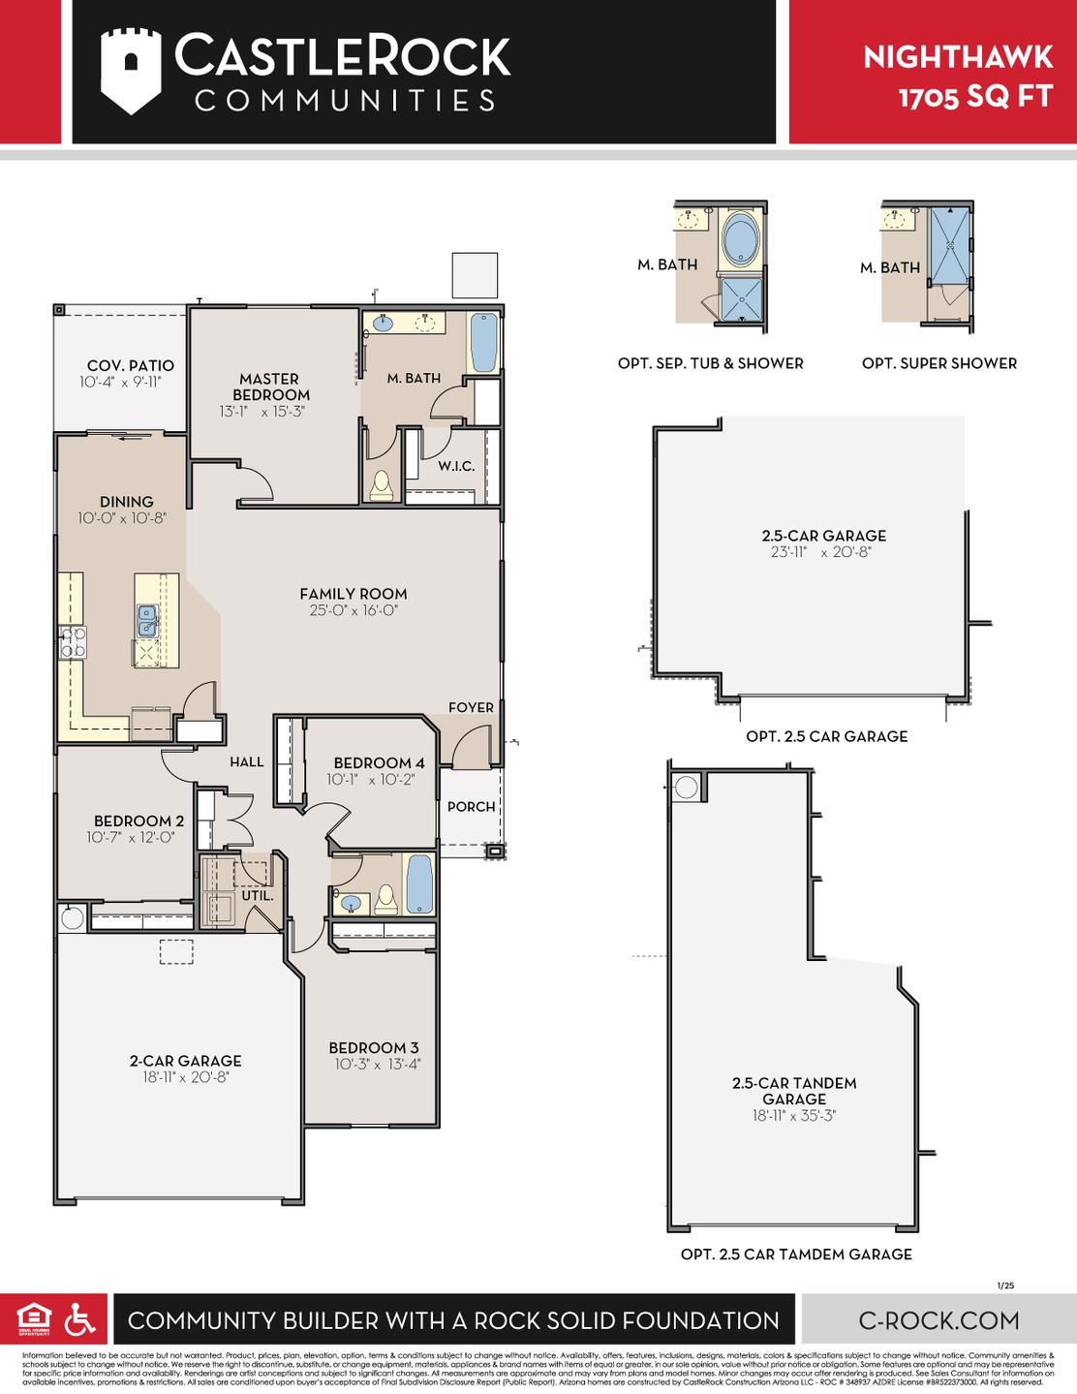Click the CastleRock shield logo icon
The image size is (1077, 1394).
[131, 70]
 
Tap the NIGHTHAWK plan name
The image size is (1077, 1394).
[957, 57]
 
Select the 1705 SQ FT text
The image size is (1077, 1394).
[974, 97]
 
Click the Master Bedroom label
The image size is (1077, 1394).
[270, 387]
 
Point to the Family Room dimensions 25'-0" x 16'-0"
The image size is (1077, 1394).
[354, 610]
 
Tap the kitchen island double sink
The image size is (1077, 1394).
[147, 621]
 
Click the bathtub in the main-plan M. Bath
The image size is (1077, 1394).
[483, 342]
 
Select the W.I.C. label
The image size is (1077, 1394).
[455, 466]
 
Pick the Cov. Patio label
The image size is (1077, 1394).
[131, 365]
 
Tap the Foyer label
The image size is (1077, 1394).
[471, 707]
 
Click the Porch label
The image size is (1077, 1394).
[471, 806]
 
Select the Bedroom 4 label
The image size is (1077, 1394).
[379, 762]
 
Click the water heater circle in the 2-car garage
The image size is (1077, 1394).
[72, 917]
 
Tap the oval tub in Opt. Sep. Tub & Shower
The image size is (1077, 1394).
[741, 239]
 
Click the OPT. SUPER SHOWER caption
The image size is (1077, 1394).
[939, 363]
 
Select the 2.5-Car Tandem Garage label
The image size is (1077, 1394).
[793, 1091]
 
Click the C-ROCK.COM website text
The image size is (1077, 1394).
[939, 1319]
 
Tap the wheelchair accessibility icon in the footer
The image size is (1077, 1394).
[79, 1318]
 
